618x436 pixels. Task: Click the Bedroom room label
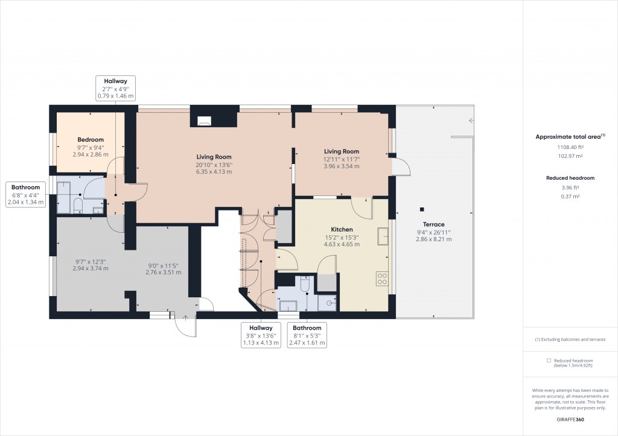point(91,140)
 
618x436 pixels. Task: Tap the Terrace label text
point(433,224)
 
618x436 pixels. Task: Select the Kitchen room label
point(342,229)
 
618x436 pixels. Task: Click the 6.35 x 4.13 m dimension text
point(214,172)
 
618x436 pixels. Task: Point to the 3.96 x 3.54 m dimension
point(342,166)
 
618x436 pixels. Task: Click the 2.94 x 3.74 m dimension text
point(91,268)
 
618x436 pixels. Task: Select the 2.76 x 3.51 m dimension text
point(164,272)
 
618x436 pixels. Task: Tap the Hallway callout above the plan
point(116,81)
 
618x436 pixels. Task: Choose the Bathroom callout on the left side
point(25,187)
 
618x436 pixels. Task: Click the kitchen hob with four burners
point(382,278)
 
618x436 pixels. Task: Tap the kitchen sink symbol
point(382,236)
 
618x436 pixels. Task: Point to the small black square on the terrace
point(422,209)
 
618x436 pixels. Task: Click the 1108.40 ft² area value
point(570,147)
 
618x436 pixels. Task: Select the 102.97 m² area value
point(570,156)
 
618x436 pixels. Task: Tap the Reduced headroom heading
point(570,178)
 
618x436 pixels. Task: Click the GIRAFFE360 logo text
point(570,419)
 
